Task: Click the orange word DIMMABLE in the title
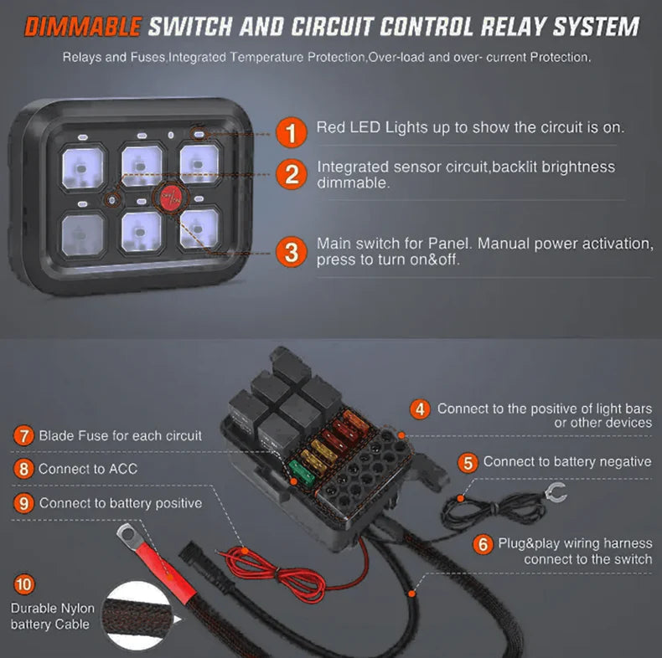coord(82,27)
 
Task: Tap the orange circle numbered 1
coord(291,132)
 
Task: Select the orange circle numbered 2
coord(291,174)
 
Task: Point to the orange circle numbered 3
coord(291,251)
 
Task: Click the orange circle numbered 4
coord(419,410)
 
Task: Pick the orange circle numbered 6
coord(482,544)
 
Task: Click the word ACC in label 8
coord(122,470)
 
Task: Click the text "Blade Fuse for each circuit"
coord(120,436)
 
